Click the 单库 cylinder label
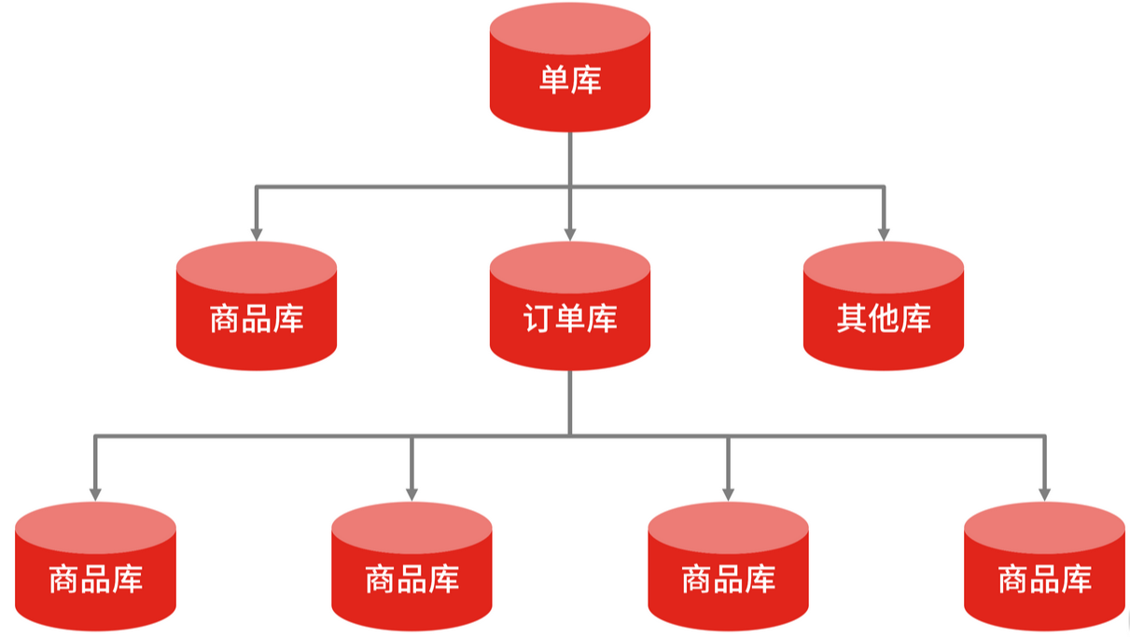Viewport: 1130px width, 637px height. tap(570, 79)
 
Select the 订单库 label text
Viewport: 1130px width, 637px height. tap(570, 320)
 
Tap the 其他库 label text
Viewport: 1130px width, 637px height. tap(884, 320)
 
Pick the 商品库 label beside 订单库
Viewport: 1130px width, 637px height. tap(257, 320)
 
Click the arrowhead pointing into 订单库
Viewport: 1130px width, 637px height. tap(570, 232)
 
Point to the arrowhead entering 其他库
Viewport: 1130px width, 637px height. tap(884, 232)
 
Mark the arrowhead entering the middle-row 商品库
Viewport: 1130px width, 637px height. tap(257, 232)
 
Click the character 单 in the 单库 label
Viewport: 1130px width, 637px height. tap(554, 79)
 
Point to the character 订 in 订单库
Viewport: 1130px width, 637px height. tap(538, 320)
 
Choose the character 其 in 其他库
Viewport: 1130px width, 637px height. tap(852, 320)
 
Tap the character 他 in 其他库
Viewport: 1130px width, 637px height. tap(884, 320)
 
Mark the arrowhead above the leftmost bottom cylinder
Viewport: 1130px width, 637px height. tap(95, 492)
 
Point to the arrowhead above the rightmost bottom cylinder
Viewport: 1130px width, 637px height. tap(1044, 492)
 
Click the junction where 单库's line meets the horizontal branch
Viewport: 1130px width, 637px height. tap(570, 187)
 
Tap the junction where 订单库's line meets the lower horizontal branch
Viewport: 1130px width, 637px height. tap(570, 435)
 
